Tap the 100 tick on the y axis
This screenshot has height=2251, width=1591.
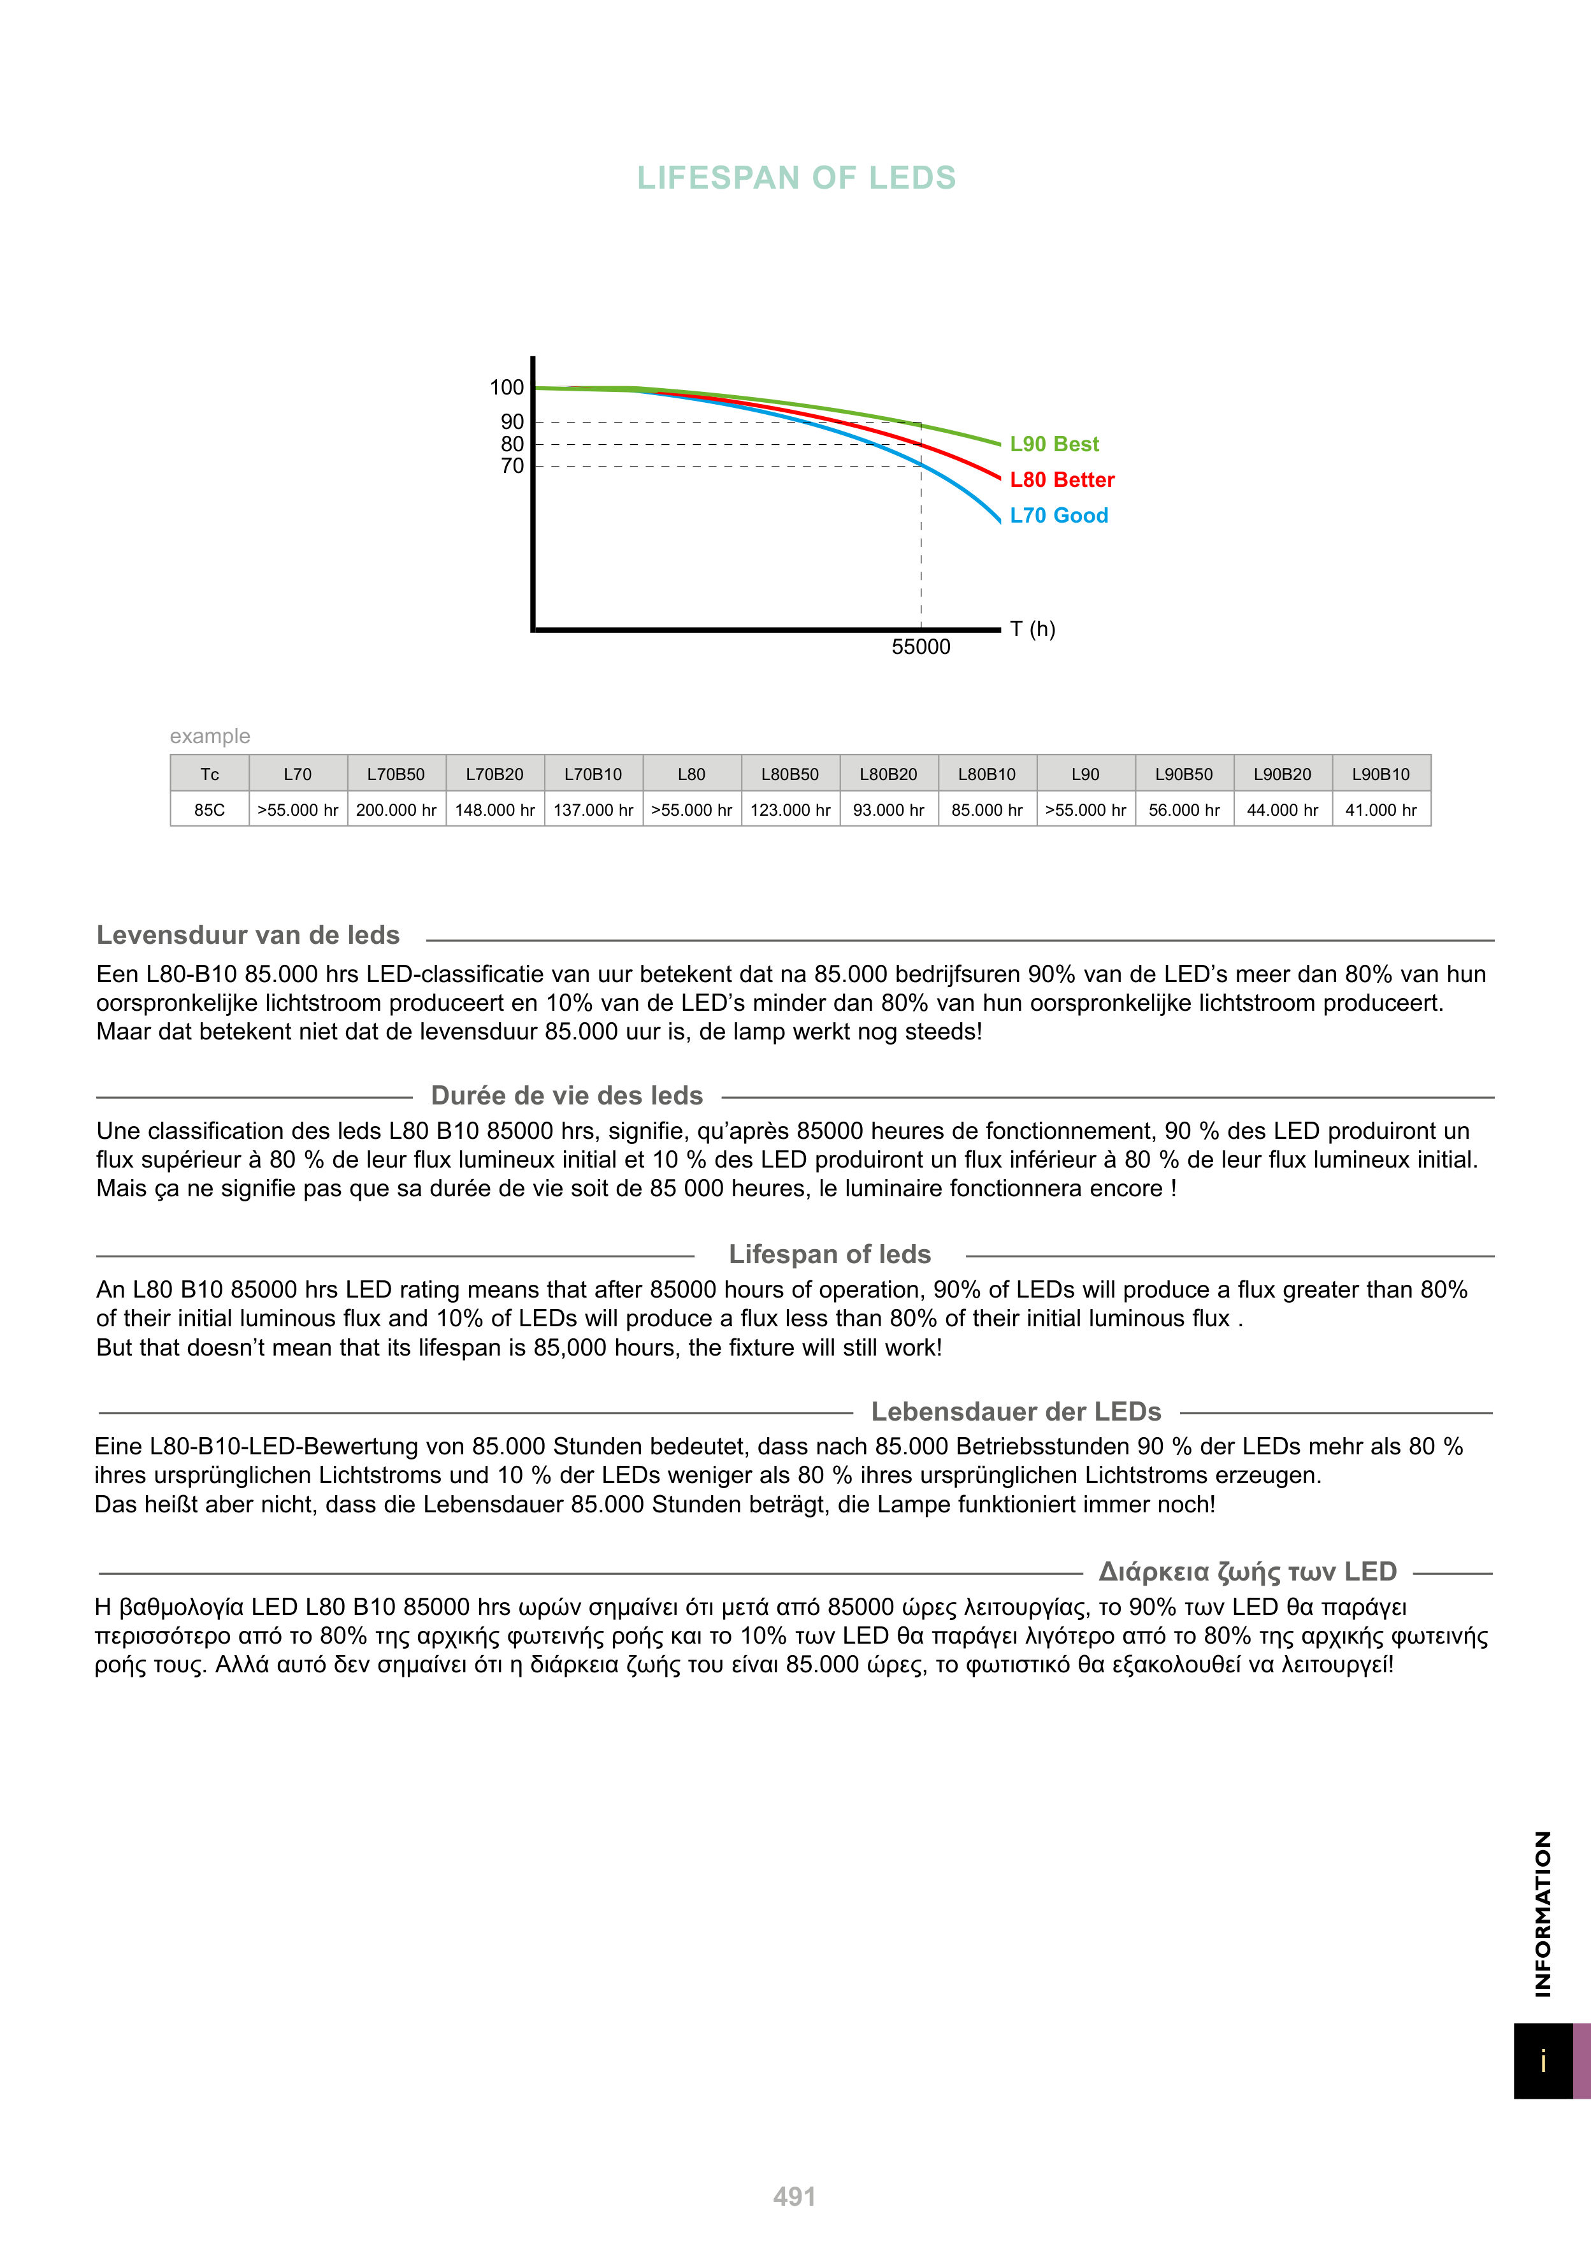507,387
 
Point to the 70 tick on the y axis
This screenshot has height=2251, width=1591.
513,466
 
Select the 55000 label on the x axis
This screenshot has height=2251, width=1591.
921,647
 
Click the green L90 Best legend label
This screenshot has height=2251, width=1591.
1054,444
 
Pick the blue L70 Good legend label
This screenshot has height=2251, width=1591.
1059,516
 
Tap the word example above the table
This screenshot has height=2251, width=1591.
210,736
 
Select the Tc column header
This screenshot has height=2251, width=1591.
210,774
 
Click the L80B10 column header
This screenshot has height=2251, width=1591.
987,774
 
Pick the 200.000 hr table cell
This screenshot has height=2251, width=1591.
396,810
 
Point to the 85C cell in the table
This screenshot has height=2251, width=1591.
210,810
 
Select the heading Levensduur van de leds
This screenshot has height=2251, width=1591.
248,936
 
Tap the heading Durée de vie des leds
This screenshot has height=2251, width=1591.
566,1096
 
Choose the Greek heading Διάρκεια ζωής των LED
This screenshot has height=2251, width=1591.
1247,1572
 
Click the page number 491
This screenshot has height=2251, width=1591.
794,2197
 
